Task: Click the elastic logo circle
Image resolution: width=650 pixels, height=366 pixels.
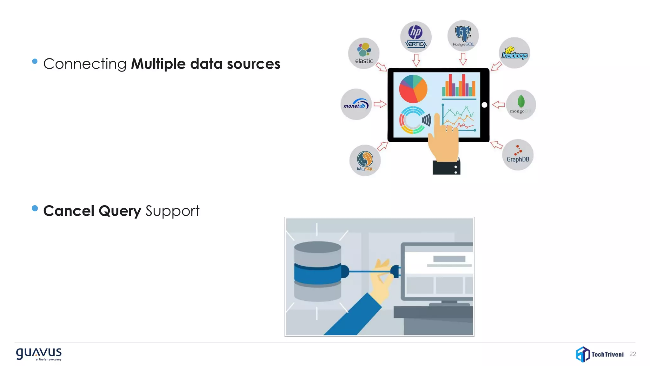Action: [x=364, y=53]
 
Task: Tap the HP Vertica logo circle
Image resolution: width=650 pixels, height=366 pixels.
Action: [x=416, y=37]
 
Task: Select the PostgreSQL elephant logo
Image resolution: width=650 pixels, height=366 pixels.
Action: [x=463, y=34]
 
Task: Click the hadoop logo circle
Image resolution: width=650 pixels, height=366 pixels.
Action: [x=514, y=53]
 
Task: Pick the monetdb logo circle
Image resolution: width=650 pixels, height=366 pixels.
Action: [x=356, y=104]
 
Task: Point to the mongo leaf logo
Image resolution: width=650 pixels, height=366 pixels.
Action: [x=521, y=101]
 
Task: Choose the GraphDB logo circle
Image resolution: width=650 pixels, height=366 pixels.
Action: [x=518, y=155]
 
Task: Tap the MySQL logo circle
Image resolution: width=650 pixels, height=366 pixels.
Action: [x=365, y=160]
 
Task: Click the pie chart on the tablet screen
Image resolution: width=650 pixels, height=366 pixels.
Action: [x=413, y=89]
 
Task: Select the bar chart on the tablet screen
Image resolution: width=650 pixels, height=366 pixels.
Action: [x=459, y=86]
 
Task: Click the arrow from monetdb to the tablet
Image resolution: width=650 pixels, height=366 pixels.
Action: [x=380, y=104]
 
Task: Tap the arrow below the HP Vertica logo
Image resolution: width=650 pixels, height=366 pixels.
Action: [x=416, y=60]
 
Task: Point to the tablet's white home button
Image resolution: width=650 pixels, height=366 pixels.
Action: [x=484, y=105]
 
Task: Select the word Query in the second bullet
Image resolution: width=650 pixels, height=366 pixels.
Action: [x=120, y=211]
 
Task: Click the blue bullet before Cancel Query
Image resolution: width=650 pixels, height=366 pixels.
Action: [x=35, y=208]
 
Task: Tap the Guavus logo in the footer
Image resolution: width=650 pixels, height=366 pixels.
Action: [x=39, y=354]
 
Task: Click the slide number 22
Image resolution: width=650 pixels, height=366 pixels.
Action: [x=633, y=354]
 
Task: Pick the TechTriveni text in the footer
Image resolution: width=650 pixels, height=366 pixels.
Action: [x=607, y=354]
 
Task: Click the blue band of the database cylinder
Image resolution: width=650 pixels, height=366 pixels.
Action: [x=317, y=274]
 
